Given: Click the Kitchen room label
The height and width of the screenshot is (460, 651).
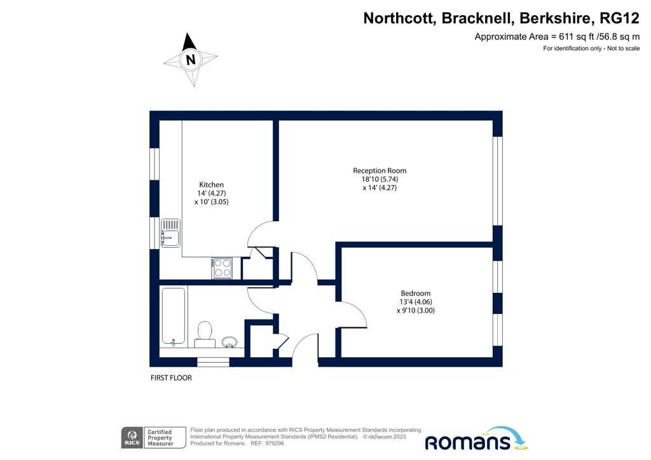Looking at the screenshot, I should (211, 185).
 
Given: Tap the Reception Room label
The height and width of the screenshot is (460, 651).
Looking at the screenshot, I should (380, 170).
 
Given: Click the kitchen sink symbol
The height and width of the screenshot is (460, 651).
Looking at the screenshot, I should (170, 232).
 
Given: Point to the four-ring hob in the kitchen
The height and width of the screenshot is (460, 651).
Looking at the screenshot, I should (222, 267).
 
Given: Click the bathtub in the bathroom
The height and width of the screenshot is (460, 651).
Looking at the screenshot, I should (173, 316).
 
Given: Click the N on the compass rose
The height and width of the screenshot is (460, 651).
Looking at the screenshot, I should (190, 60).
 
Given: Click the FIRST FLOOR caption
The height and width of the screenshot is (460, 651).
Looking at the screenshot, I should (171, 378).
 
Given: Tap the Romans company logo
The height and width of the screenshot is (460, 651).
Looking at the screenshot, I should (476, 439).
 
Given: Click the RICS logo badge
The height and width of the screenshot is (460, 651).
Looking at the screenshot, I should (131, 437).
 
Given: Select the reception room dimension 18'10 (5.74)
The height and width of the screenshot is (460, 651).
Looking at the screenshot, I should (380, 179).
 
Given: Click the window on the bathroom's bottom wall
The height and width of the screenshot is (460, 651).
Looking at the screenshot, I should (213, 362).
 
